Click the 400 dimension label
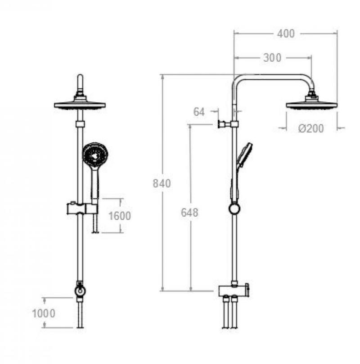pos(286,34)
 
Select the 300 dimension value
pos(272,58)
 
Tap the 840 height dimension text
pos(162,183)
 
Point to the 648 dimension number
pos(189,213)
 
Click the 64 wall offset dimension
pos(199,112)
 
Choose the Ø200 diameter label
pos(311,128)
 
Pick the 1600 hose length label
pos(120,216)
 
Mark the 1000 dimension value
pos(44,314)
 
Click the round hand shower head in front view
pos(95,155)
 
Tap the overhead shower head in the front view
pos(80,103)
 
